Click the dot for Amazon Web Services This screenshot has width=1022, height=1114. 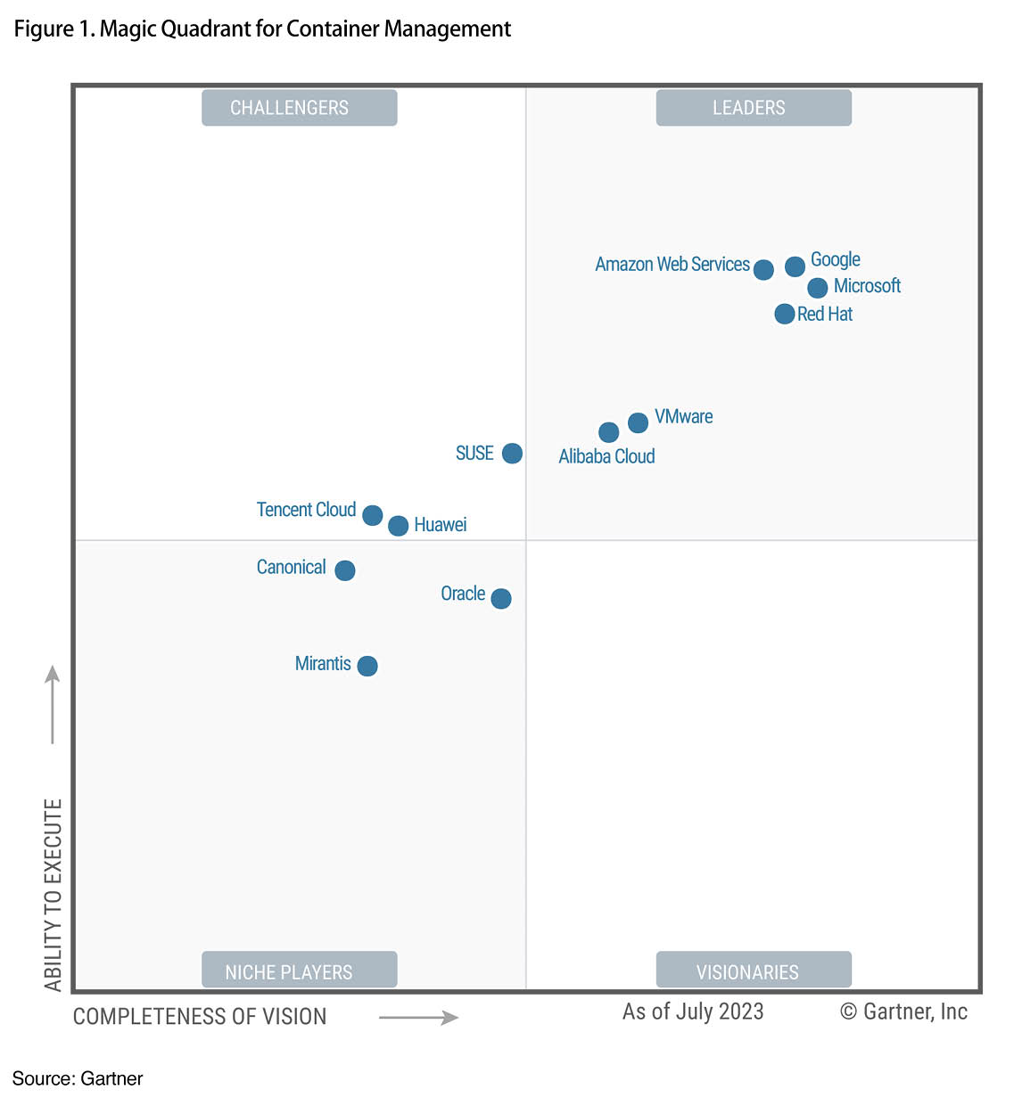(763, 269)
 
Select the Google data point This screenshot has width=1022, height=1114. (795, 266)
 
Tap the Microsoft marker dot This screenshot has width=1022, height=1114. (818, 288)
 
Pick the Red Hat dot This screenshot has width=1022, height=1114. (785, 314)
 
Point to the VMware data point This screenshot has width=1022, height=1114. (638, 422)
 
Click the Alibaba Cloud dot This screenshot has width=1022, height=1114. (609, 432)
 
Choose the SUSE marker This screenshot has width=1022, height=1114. (512, 453)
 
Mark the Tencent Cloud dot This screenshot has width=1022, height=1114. (373, 515)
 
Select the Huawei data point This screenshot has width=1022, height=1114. (399, 526)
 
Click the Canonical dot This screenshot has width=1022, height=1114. (345, 570)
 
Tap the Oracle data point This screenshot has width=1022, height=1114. (501, 598)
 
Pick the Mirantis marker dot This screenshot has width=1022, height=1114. (367, 666)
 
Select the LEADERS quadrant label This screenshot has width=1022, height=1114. (754, 108)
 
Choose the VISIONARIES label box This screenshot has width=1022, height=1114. (754, 970)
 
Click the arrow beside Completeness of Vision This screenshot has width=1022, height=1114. (418, 1017)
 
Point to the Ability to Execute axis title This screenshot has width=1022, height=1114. (54, 894)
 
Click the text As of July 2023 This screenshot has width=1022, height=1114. (693, 1012)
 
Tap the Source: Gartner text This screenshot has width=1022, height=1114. (78, 1078)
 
